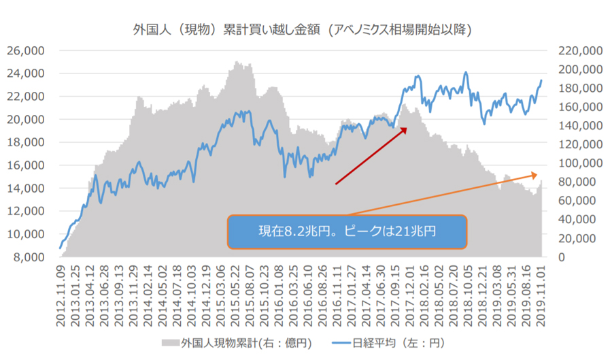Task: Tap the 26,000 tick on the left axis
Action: click(x=25, y=50)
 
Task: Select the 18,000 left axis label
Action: click(x=25, y=142)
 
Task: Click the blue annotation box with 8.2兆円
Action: click(x=347, y=231)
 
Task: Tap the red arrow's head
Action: click(x=405, y=127)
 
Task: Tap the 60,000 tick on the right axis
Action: click(x=576, y=201)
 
